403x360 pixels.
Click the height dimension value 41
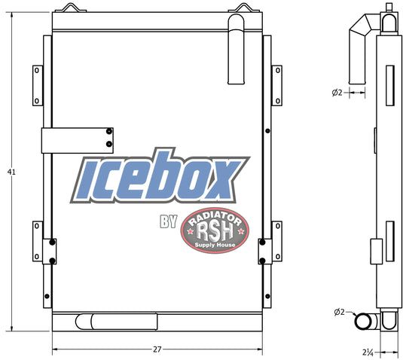coord(11,172)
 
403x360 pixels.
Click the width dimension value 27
coord(157,349)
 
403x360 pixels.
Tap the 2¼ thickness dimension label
coord(368,352)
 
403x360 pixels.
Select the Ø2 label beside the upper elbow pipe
coord(337,93)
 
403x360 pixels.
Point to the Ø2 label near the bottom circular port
coord(339,312)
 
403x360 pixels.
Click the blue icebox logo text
coord(160,176)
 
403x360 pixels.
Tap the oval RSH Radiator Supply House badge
coord(215,230)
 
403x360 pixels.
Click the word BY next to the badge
coord(169,221)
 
